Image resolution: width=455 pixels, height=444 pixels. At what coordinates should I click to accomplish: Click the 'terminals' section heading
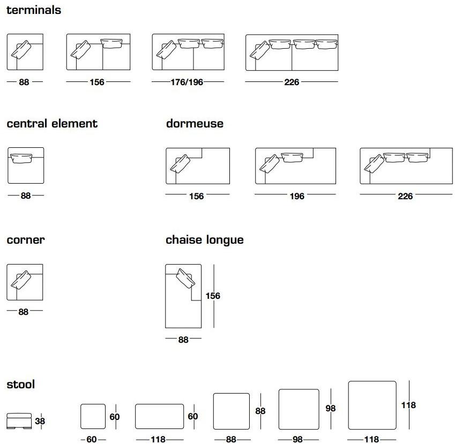pos(34,10)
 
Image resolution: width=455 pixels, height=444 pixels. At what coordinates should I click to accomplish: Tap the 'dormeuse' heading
pos(195,124)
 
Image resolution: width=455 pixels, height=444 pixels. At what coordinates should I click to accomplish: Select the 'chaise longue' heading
pos(205,240)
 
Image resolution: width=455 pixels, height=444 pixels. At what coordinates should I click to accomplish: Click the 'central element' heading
pos(52,124)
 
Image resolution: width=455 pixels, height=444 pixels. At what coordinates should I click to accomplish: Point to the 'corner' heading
pos(26,240)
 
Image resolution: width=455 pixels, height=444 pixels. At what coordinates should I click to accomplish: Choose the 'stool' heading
pos(21,384)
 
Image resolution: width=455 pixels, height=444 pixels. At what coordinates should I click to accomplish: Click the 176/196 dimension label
pos(180,82)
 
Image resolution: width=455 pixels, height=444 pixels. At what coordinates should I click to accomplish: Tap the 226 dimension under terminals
pos(292,82)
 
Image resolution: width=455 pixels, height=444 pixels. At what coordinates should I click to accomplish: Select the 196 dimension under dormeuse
pos(296,196)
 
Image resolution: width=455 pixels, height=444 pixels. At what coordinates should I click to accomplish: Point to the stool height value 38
pos(40,422)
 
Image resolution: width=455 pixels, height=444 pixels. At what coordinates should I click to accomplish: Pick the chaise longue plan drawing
pos(183,296)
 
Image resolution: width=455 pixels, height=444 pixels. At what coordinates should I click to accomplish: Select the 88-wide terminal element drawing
pos(25,52)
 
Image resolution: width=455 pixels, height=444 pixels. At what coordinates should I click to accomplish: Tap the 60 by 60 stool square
pos(93,417)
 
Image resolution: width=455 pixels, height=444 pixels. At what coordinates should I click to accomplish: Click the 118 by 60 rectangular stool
pos(159,417)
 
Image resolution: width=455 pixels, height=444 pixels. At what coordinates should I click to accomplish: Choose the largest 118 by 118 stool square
pos(372,405)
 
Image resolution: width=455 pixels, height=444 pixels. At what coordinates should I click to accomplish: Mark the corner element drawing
pos(25,282)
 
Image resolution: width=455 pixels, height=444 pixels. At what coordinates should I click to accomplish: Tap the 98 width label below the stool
pos(298,439)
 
